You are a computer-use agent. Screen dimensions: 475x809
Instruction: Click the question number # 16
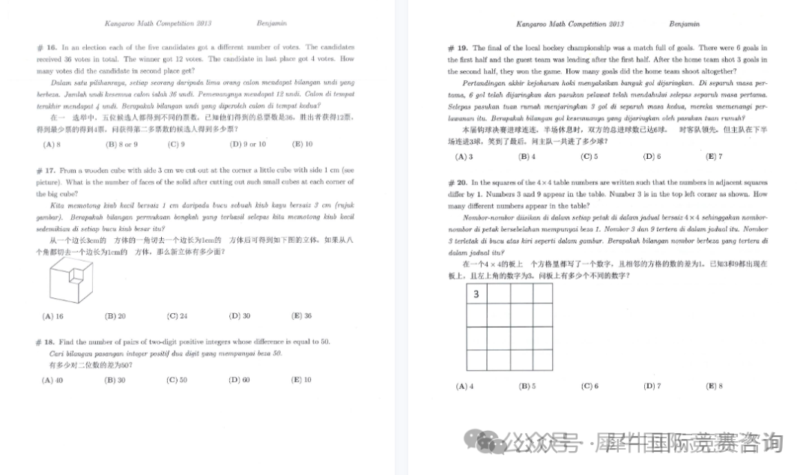point(43,47)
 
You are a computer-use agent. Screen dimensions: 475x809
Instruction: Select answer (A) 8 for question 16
point(52,144)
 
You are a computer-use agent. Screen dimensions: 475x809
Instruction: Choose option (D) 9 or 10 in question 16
point(247,144)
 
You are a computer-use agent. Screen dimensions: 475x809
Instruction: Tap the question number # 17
point(43,171)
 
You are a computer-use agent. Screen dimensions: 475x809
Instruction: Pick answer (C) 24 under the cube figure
point(177,316)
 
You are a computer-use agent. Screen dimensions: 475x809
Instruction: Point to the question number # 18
point(43,342)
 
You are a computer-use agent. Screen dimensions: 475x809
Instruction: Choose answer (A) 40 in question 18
point(52,380)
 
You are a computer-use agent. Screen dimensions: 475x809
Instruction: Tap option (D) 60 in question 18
point(240,380)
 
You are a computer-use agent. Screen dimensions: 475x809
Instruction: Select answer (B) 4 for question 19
point(527,157)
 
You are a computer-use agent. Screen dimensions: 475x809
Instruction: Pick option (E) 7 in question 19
point(714,157)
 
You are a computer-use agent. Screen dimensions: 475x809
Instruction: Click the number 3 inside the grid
point(476,294)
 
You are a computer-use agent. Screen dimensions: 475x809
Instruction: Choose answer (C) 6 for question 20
point(590,387)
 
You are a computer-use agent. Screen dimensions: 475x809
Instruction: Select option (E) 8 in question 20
point(714,387)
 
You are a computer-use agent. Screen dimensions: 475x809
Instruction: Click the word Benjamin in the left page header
point(271,23)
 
